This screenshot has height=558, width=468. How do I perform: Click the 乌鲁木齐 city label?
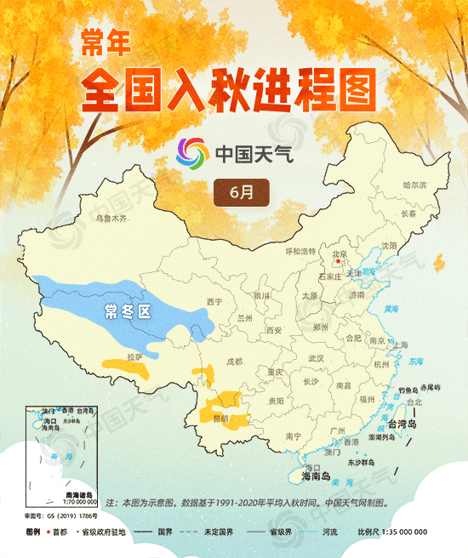111,219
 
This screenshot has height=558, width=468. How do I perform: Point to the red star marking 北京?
340,263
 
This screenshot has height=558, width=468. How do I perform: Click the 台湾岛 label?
400,424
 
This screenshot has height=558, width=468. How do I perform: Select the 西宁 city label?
214,302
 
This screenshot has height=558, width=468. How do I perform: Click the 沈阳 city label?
390,245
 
